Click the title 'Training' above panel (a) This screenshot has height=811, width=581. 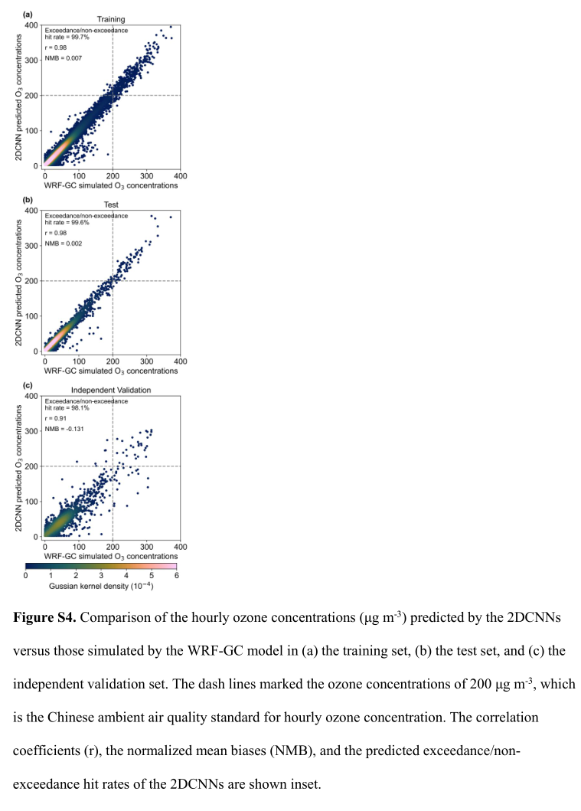(x=111, y=19)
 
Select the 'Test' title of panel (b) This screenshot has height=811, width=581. (x=111, y=204)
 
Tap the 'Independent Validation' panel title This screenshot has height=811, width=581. (x=111, y=390)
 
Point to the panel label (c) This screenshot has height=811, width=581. (x=28, y=384)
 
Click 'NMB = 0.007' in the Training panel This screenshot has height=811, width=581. (x=63, y=58)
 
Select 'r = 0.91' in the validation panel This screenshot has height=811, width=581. (x=56, y=418)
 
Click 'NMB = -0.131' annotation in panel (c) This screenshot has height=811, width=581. (x=64, y=429)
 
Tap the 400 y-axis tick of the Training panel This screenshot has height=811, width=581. (x=31, y=25)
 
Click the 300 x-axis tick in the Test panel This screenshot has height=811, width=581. (x=147, y=361)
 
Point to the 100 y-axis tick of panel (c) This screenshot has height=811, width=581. (x=31, y=502)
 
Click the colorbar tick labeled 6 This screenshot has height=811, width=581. (x=177, y=576)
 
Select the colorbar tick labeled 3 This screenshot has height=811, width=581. (x=101, y=576)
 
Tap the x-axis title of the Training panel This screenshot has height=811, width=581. (x=111, y=185)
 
